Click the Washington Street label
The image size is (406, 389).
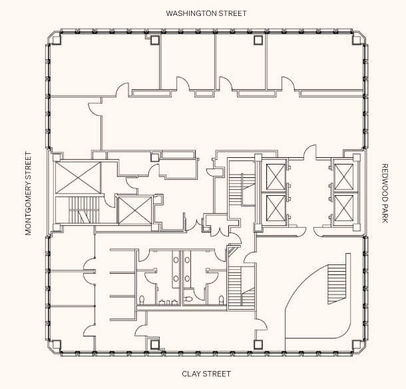point(206,13)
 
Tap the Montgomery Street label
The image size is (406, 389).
point(28,193)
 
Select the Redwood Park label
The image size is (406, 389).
point(385,193)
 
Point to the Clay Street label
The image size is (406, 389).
point(206,374)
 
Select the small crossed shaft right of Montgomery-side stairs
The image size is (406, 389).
point(134,210)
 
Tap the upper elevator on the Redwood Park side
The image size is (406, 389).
point(344,176)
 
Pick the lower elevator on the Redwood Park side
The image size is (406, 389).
point(344,208)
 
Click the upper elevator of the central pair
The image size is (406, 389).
point(275,177)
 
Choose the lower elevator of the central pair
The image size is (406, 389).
point(275,208)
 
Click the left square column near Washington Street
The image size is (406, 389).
point(154,41)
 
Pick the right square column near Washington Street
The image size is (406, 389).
point(258,41)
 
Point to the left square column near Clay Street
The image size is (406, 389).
point(154,344)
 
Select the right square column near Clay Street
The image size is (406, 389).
point(258,344)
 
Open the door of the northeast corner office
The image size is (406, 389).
point(288,85)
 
